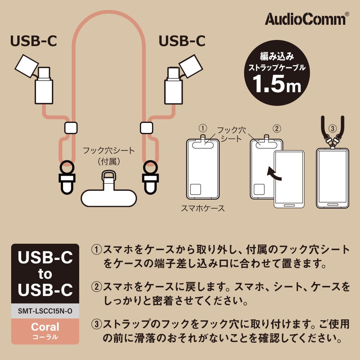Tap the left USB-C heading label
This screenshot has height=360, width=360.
(33, 41)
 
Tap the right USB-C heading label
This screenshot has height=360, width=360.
(182, 41)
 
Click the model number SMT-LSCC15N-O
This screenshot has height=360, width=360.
(45, 311)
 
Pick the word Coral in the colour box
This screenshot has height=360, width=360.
(45, 327)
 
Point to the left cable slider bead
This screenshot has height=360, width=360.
(71, 128)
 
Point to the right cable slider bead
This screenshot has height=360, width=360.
(147, 128)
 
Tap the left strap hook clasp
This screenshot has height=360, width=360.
(67, 177)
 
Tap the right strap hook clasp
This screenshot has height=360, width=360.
(150, 177)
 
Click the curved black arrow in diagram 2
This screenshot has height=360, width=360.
(274, 174)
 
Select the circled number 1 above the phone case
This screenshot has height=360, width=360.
(203, 128)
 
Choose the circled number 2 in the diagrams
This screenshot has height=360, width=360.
(277, 129)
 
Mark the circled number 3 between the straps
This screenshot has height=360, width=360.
(333, 129)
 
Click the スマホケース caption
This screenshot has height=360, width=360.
(203, 208)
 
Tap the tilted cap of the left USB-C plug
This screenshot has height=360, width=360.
(27, 66)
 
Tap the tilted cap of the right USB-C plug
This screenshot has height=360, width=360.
(191, 66)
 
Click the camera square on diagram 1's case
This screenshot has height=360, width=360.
(195, 189)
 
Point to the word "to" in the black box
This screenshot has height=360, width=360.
(45, 274)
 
